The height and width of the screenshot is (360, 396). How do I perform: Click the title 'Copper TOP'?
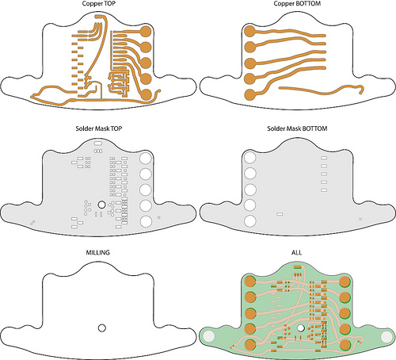99,4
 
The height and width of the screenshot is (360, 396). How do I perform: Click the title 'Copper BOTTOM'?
297,4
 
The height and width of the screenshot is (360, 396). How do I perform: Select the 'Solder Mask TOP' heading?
99,128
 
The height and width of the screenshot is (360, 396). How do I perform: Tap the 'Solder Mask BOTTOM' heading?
297,128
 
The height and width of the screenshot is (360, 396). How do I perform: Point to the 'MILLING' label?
97,253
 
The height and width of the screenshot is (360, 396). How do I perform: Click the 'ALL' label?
296,253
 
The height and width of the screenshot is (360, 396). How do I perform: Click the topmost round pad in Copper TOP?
146,32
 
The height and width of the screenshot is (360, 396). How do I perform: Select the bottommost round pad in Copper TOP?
146,94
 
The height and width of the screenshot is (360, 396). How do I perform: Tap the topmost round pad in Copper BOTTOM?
249,32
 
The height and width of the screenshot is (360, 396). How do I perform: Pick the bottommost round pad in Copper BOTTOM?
249,94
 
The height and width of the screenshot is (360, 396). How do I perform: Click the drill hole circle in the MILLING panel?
102,328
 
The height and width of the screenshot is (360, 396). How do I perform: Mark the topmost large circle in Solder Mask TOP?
146,159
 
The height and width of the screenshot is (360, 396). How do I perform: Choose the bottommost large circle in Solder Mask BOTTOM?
250,221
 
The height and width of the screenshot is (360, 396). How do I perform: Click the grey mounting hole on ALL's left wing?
209,336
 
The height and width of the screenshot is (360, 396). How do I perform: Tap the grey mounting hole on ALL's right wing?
386,336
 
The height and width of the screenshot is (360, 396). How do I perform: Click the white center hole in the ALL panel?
300,328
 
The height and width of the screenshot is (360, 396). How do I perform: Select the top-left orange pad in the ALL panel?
250,281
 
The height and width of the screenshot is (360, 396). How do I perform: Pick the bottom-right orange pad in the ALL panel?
345,345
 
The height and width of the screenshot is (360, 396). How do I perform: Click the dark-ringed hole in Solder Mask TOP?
101,204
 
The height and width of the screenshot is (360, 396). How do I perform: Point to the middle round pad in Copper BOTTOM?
249,63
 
